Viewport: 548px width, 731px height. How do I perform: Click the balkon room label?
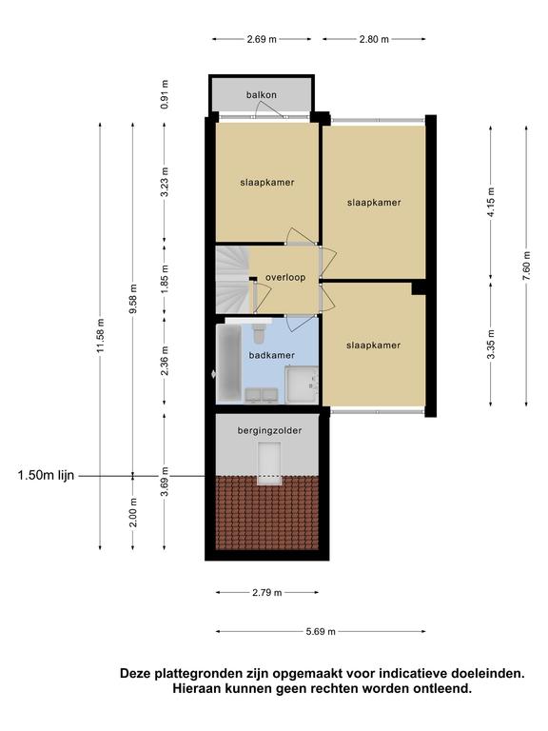tap(262, 95)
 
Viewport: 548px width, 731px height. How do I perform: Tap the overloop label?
tap(285, 277)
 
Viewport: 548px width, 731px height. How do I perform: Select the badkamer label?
tap(272, 355)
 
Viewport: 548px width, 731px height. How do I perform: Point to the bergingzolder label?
tap(269, 431)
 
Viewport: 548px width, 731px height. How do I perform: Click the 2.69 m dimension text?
tap(262, 39)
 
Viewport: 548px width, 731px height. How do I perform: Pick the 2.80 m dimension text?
tap(374, 39)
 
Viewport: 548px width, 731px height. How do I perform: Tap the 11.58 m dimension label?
tap(100, 336)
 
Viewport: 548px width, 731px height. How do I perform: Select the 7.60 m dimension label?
tap(526, 266)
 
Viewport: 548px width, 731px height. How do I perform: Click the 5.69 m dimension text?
tap(321, 632)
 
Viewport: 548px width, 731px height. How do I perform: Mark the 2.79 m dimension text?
tap(267, 593)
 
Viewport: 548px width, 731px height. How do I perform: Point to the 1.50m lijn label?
tap(46, 476)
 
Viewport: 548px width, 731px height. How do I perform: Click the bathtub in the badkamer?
tap(228, 363)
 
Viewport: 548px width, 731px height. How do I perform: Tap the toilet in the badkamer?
tap(259, 332)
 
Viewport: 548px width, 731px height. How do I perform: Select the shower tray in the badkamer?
tap(302, 385)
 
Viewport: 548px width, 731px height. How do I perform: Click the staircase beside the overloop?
tap(232, 280)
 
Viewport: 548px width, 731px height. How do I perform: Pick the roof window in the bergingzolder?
tap(269, 464)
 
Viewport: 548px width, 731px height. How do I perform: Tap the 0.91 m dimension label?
tap(164, 94)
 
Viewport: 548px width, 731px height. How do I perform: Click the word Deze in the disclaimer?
tap(136, 674)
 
